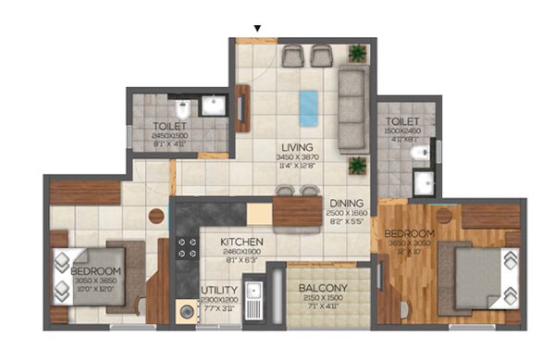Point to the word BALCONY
(x=323, y=288)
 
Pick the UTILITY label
(x=219, y=290)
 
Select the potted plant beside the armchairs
(x=357, y=54)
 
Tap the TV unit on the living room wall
(x=242, y=106)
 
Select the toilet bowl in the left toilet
(x=183, y=105)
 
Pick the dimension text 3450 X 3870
(x=298, y=158)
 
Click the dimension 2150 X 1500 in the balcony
(x=323, y=299)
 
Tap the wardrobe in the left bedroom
(x=85, y=192)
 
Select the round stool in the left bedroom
(x=155, y=217)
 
